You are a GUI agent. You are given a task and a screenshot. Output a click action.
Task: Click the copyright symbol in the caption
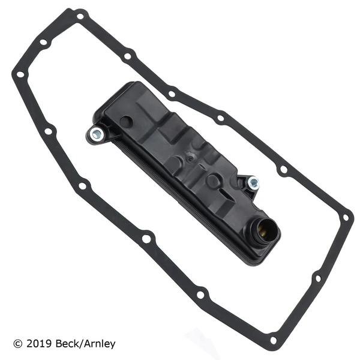coord(18,344)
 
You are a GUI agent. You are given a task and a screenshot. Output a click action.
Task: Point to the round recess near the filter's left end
coord(125,121)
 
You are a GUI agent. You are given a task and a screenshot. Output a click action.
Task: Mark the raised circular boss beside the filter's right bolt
coord(213,181)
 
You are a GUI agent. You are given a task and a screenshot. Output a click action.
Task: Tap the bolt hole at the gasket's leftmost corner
coord(20,75)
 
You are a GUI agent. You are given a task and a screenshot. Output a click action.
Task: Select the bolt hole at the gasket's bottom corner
coord(274,340)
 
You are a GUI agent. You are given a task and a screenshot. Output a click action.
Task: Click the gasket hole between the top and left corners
coord(43,43)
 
